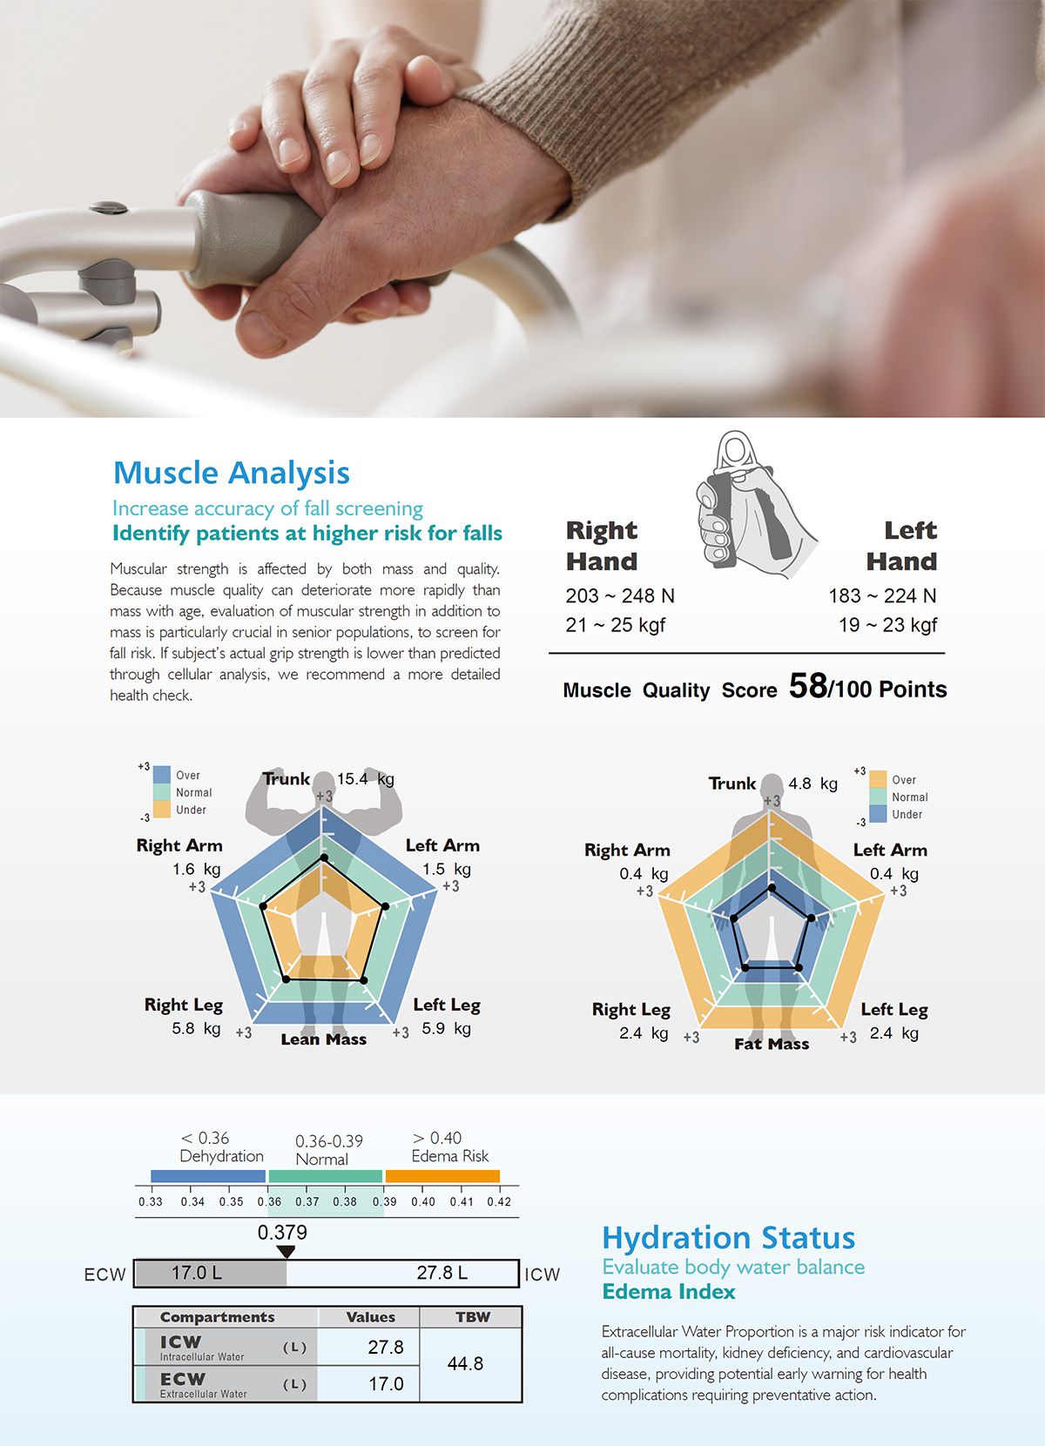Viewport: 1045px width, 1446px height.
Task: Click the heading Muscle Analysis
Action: [x=232, y=473]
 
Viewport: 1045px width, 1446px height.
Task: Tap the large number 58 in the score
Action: [x=807, y=685]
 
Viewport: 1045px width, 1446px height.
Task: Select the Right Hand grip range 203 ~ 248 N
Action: [x=620, y=595]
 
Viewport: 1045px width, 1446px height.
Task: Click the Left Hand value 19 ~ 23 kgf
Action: [x=887, y=625]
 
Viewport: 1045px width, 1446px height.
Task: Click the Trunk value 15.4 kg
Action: [x=365, y=778]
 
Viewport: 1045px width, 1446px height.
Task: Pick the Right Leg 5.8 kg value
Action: [x=196, y=1028]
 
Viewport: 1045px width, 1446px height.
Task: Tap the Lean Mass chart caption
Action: [x=324, y=1039]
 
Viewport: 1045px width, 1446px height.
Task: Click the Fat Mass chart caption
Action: [x=772, y=1044]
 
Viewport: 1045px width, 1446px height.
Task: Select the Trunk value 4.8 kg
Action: [x=812, y=783]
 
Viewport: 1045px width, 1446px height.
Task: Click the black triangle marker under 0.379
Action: [x=286, y=1252]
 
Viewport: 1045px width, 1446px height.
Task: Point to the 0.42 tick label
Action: [x=499, y=1202]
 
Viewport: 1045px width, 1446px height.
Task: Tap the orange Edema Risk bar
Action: [x=442, y=1176]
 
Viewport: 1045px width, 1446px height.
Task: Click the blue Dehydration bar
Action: [x=208, y=1176]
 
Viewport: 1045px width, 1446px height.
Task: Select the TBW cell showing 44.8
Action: [x=465, y=1363]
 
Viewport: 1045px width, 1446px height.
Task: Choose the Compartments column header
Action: [x=217, y=1317]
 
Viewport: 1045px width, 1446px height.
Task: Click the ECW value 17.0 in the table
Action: [x=386, y=1383]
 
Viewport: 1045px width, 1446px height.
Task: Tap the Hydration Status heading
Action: [x=729, y=1237]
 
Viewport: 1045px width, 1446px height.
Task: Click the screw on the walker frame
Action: [x=109, y=207]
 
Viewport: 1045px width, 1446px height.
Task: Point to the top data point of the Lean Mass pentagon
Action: [x=324, y=858]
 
